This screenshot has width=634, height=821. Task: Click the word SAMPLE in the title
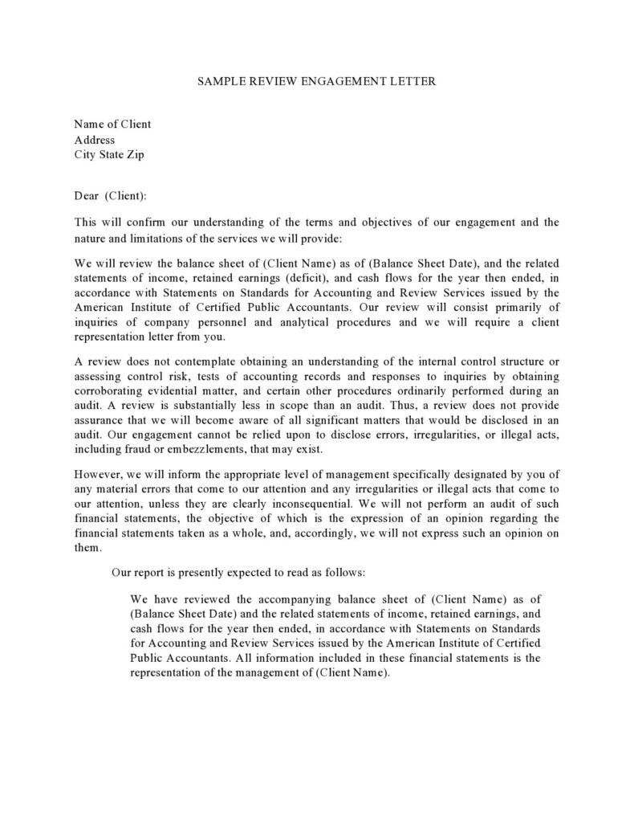(x=221, y=81)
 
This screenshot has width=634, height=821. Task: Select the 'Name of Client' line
(x=112, y=124)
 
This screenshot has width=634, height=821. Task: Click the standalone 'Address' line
(x=95, y=140)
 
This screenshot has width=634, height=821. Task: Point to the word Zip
(x=135, y=155)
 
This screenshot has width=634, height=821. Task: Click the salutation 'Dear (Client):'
(x=111, y=195)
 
